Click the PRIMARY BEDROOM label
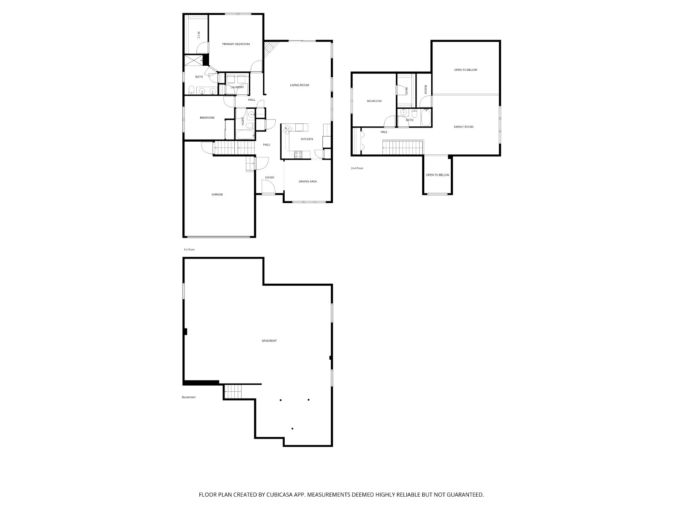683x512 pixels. pos(236,44)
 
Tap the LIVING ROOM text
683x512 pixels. pos(299,85)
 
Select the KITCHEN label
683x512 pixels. pos(307,139)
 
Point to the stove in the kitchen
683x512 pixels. pos(298,154)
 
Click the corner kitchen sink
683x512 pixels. pos(288,129)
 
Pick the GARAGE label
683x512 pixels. pos(217,195)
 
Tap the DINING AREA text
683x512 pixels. pos(308,182)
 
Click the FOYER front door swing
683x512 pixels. pos(268,188)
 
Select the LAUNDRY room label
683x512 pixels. pos(237,87)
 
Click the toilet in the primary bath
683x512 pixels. pos(192,90)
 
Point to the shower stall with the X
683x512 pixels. pos(193,60)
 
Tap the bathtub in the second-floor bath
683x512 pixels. pos(426,118)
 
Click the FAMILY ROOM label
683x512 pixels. pos(464,127)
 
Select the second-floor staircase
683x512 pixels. pos(403,147)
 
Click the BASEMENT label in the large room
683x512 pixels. pos(269,341)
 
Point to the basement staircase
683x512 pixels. pos(233,392)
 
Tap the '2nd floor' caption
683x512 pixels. pos(357,168)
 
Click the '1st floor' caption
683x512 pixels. pos(189,250)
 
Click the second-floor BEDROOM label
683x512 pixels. pos(374,101)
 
